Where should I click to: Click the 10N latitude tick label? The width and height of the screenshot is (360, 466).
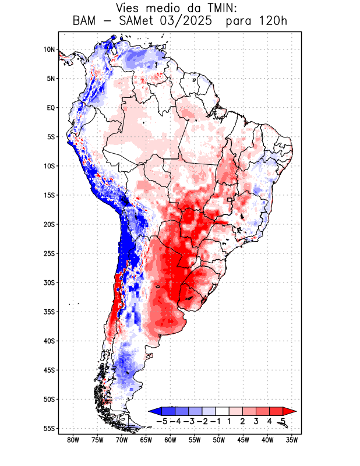49,50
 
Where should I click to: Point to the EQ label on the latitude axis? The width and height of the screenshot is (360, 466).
50,108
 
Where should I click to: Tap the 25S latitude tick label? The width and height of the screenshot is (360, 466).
48,253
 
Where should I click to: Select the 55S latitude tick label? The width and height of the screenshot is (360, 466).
48,429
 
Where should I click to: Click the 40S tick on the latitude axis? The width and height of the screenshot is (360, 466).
48,341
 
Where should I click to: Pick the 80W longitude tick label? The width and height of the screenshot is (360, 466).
73,440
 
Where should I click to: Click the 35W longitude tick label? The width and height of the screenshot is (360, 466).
292,440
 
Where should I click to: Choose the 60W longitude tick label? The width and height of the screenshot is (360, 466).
171,440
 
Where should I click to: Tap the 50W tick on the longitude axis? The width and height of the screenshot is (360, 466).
219,440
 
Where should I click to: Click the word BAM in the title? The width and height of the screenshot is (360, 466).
87,22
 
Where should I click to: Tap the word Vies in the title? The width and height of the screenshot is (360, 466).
132,8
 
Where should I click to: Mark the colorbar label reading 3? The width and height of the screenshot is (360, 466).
256,421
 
